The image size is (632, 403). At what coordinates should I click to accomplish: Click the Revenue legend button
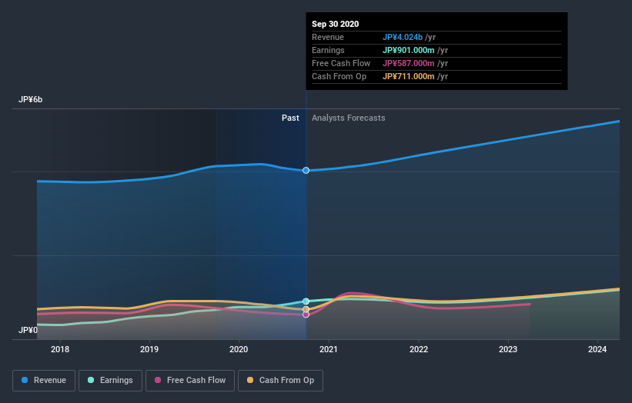(x=44, y=380)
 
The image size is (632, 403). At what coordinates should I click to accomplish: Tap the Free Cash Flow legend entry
(x=189, y=380)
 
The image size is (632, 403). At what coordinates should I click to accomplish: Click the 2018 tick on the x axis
(x=60, y=349)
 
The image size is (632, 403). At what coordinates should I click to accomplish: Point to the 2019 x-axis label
(x=149, y=349)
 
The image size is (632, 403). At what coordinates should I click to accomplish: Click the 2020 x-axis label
(x=239, y=349)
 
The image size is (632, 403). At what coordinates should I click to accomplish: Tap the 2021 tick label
(x=329, y=349)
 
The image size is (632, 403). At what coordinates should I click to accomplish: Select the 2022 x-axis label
(x=419, y=349)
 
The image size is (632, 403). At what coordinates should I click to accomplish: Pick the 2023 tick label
(x=508, y=349)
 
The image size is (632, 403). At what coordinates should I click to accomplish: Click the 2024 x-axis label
(x=597, y=349)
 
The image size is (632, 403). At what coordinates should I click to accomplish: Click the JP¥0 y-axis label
(x=28, y=330)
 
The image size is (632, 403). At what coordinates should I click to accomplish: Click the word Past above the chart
(x=290, y=118)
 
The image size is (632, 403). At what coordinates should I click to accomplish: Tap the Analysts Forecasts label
(x=348, y=118)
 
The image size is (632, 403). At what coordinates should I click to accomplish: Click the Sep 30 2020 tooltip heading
(x=335, y=24)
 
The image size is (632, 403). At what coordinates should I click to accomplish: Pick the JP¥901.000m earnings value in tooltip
(x=415, y=50)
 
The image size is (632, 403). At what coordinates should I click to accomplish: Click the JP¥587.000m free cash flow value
(x=415, y=63)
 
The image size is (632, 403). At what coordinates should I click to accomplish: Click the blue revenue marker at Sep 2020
(x=306, y=170)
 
